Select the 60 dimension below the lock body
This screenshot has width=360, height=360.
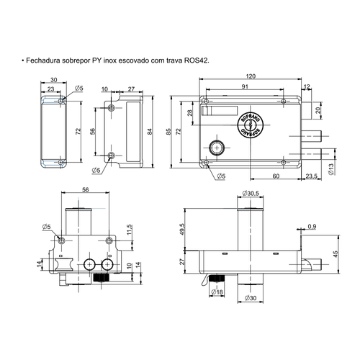pyautogui.click(x=276, y=175)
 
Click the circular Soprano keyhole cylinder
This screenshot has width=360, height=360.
pyautogui.click(x=248, y=125)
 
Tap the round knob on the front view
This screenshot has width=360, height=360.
pyautogui.click(x=215, y=148)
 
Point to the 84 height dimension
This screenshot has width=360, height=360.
pyautogui.click(x=150, y=132)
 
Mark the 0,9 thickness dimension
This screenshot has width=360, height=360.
pyautogui.click(x=312, y=228)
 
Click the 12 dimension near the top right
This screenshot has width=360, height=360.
pyautogui.click(x=307, y=86)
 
